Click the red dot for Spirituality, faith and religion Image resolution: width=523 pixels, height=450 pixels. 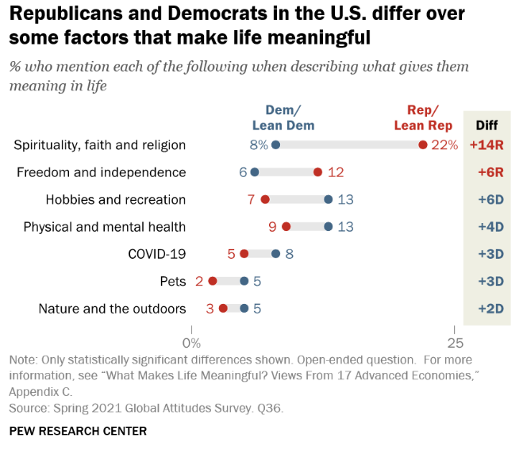click(x=423, y=145)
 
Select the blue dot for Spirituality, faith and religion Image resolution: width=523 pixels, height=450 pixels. click(x=275, y=145)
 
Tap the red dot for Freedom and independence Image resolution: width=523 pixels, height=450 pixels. click(x=317, y=172)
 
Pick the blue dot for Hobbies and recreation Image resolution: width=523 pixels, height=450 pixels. click(x=328, y=199)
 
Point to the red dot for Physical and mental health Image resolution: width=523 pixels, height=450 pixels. click(x=286, y=227)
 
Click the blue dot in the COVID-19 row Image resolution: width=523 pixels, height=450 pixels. click(x=275, y=254)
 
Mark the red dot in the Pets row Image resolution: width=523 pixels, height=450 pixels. click(x=212, y=281)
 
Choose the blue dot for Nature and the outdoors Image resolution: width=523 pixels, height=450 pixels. click(x=244, y=308)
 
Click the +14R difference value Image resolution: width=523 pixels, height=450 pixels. click(x=486, y=145)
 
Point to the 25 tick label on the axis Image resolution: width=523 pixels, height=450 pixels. click(x=454, y=342)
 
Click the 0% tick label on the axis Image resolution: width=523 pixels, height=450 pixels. click(x=191, y=342)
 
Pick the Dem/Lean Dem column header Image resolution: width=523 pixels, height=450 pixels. click(x=283, y=117)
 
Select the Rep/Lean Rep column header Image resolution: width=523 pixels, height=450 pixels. click(x=424, y=117)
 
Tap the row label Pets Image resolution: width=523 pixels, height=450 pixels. click(x=172, y=281)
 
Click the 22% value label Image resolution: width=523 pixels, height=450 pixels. click(x=445, y=145)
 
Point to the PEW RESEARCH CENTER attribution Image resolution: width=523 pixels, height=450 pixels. click(x=78, y=431)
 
